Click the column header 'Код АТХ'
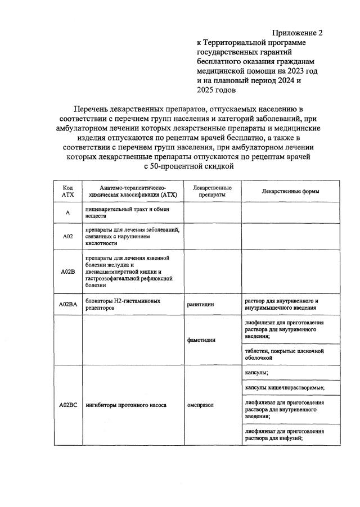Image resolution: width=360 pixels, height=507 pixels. pos(67,191)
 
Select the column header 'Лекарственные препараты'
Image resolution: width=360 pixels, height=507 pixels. pos(212,191)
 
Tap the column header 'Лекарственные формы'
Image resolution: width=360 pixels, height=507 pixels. pos(290,191)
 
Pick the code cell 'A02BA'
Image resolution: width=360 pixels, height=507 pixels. pos(67,304)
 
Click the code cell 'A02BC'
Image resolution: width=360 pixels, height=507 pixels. pos(67,404)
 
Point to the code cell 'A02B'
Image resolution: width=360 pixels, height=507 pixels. pos(67,271)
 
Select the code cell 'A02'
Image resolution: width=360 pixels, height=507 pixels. pos(67,236)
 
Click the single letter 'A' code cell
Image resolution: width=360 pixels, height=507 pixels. pos(67,212)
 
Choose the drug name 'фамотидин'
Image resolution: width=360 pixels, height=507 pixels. pos(202,339)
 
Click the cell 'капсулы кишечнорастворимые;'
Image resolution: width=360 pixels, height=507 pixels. pos(285,387)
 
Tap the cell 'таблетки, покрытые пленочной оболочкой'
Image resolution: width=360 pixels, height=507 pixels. pos(285,354)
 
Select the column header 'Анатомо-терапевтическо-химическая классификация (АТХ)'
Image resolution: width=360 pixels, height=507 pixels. pos(133,191)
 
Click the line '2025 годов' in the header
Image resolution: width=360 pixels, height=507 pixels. pos(217,89)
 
